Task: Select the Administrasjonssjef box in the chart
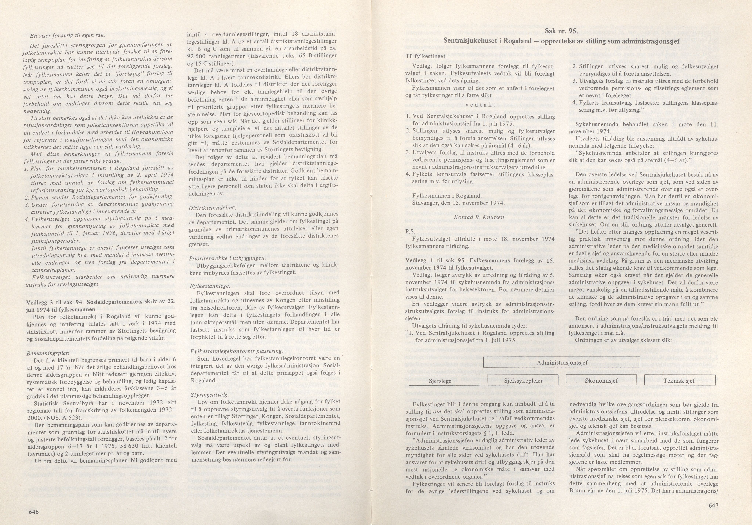coord(562,363)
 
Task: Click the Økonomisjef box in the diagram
coord(601,381)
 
